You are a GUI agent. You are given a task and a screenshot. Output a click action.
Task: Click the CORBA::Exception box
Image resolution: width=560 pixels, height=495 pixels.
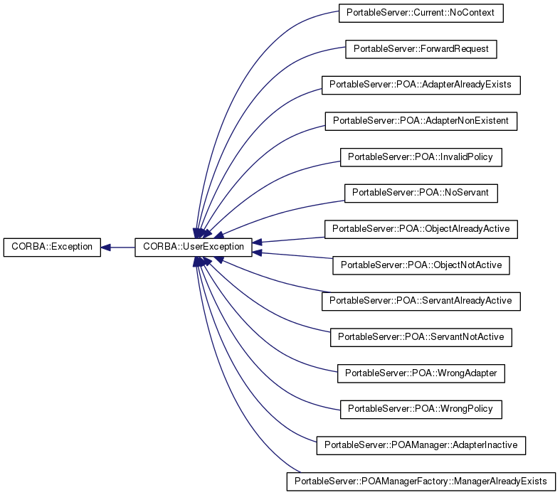[52, 247]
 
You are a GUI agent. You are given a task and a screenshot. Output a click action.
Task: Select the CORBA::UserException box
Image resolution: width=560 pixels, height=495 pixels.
[191, 247]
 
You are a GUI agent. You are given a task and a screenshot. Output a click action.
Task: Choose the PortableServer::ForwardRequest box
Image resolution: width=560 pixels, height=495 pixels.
[421, 49]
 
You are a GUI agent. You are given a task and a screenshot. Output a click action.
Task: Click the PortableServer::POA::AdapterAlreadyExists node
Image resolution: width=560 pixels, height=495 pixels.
[421, 85]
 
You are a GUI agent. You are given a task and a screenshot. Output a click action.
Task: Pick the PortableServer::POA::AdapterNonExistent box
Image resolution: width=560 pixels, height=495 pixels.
[421, 121]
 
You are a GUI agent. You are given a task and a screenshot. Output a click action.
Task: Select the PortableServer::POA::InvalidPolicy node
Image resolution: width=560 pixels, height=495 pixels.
[421, 156]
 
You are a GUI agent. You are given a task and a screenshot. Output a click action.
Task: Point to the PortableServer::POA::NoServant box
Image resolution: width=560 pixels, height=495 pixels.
[421, 193]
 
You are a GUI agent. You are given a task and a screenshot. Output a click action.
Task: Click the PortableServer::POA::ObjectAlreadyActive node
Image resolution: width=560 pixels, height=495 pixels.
[421, 229]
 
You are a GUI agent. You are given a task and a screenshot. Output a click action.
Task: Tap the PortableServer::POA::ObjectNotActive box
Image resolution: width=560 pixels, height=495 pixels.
[421, 265]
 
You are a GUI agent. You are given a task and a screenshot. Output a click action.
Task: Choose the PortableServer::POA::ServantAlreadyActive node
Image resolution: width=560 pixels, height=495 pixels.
[421, 301]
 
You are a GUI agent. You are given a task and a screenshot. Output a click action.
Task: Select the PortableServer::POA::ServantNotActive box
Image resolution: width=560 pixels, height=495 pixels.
[421, 336]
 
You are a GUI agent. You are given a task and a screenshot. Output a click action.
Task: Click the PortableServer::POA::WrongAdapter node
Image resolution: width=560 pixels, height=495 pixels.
[421, 373]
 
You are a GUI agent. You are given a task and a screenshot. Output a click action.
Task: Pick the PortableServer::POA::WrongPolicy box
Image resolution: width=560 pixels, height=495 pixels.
[421, 409]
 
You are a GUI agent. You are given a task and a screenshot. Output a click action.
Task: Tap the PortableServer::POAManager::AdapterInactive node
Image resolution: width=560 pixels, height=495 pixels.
[421, 445]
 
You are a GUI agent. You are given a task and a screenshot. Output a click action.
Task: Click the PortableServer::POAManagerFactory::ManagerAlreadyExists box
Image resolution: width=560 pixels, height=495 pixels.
[420, 481]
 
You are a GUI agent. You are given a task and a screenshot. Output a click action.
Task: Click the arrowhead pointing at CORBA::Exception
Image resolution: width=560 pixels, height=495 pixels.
[106, 247]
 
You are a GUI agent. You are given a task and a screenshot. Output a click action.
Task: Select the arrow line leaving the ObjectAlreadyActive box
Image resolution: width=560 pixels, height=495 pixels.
[292, 236]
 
